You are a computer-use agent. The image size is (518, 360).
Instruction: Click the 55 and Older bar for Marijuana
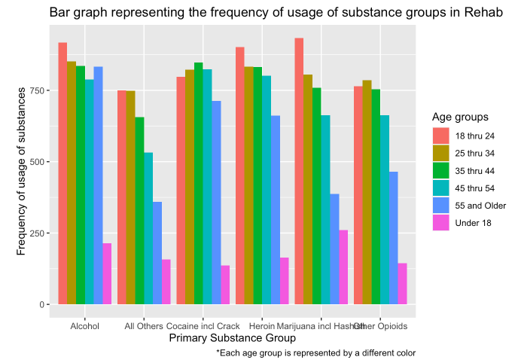pyautogui.click(x=334, y=249)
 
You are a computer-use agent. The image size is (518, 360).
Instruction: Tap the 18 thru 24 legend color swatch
pyautogui.click(x=440, y=136)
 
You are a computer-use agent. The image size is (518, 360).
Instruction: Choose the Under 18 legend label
pyautogui.click(x=473, y=222)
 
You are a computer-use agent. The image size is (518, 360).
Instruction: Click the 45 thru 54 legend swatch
pyautogui.click(x=440, y=188)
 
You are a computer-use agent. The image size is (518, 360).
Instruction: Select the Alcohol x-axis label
pyautogui.click(x=84, y=326)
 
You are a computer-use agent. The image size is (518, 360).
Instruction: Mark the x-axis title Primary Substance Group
pyautogui.click(x=232, y=340)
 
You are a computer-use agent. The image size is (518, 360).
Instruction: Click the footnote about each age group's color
pyautogui.click(x=315, y=352)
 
